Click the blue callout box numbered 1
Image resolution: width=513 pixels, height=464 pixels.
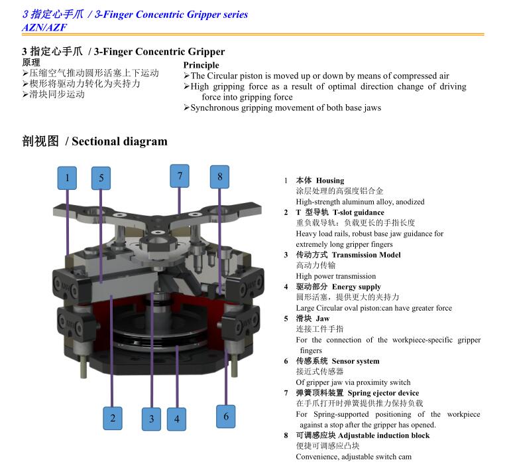pos(67,178)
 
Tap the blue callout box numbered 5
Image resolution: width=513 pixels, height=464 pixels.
pos(101,179)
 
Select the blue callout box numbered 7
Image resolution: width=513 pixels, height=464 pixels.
pos(180,176)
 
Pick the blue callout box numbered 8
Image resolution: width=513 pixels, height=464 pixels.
pos(219,177)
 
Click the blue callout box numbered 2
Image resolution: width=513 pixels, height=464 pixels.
pos(113,418)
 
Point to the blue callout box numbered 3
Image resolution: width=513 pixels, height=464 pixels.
pos(152,419)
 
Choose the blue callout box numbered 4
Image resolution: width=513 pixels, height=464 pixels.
pos(177,419)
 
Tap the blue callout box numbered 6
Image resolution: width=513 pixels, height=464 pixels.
pos(226,416)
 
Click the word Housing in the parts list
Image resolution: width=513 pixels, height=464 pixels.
pos(330,181)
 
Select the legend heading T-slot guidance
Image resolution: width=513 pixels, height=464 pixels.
pos(359,212)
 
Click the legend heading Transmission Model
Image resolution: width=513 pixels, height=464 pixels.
pos(366,255)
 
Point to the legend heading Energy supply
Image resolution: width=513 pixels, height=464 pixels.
pos(357,287)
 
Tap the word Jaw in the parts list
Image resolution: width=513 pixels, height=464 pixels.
pos(323,319)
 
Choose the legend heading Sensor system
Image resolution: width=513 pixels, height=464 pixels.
pos(356,361)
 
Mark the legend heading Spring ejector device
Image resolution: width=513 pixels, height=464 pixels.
pos(384,393)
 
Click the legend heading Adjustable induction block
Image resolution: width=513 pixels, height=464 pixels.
pos(384,435)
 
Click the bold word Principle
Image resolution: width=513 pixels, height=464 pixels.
pos(201,65)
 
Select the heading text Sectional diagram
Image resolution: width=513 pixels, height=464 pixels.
pos(119,141)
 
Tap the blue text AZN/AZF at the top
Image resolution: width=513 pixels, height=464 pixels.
pos(44,27)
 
